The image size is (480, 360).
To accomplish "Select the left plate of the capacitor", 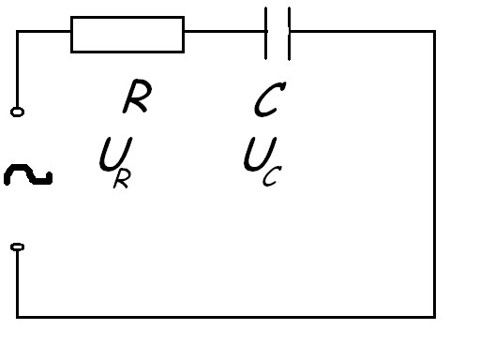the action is (x=265, y=33).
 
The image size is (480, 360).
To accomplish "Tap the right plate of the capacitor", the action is (x=289, y=34).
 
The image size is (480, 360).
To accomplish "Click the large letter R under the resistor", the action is (x=137, y=96).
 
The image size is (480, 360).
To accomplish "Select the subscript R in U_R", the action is (x=122, y=180).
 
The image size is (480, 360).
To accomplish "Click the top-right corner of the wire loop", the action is (x=435, y=32).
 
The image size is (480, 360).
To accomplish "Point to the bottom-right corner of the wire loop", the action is (x=435, y=317).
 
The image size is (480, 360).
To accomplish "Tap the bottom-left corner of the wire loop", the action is (x=18, y=317).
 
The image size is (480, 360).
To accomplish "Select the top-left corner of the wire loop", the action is (x=18, y=32).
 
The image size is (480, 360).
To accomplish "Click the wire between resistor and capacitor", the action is (x=224, y=32).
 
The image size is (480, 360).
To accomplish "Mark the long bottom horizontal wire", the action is (x=226, y=317).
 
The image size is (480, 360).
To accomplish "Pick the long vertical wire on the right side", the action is (x=435, y=174).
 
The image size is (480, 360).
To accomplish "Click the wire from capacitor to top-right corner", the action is (x=363, y=32).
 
